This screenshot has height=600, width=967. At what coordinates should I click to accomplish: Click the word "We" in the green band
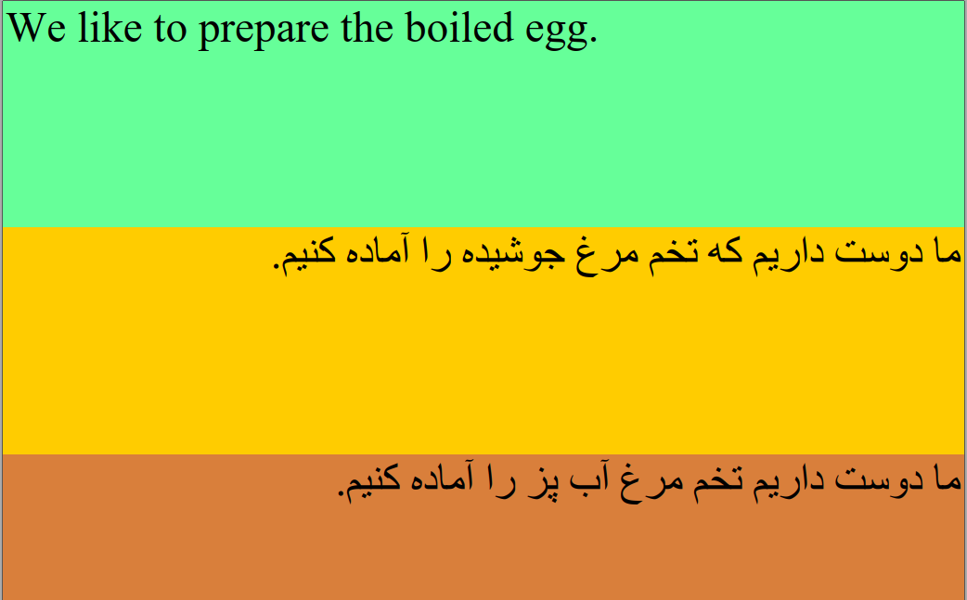pos(36,29)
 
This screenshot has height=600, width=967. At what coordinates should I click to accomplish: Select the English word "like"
pos(110,28)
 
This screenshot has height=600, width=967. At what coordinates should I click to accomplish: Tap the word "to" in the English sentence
pos(170,31)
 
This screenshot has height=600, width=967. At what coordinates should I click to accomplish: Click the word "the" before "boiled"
pos(367,28)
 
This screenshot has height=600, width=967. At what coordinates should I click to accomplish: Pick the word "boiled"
pos(458,28)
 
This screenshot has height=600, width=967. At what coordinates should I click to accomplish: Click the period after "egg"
pos(593,40)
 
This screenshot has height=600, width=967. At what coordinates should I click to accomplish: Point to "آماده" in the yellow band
pos(377,250)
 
